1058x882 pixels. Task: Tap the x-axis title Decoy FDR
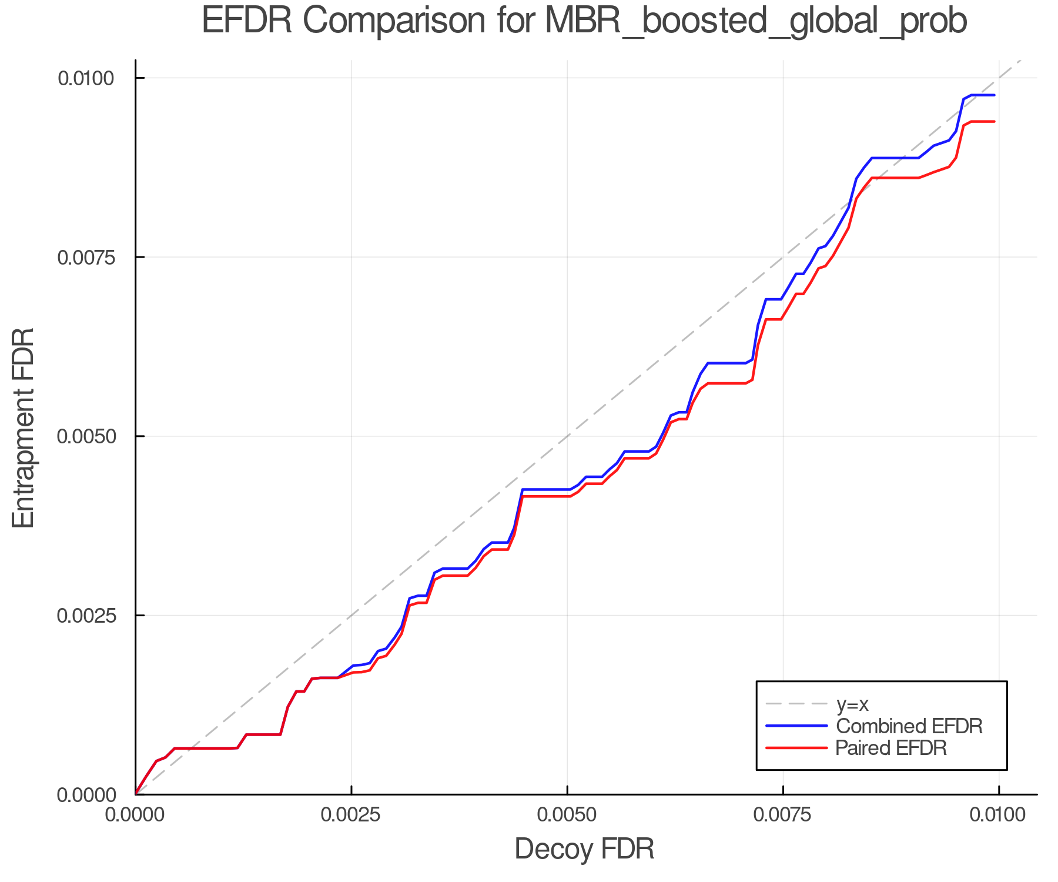click(x=584, y=849)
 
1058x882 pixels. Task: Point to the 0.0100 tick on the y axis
click(x=95, y=78)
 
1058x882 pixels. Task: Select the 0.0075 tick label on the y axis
click(x=95, y=257)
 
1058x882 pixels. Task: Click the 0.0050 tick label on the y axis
click(x=95, y=436)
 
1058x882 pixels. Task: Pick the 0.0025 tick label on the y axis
click(x=95, y=616)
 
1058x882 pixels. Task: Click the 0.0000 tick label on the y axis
click(x=95, y=795)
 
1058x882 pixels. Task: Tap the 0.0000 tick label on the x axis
click(x=136, y=815)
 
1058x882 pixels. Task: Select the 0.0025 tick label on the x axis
click(x=351, y=815)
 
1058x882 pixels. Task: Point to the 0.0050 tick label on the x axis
click(x=567, y=815)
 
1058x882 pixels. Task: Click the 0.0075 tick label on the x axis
click(x=783, y=815)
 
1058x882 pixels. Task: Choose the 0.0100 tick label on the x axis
click(x=999, y=815)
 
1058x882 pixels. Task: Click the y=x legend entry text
click(x=852, y=704)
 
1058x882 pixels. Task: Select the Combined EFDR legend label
click(x=909, y=726)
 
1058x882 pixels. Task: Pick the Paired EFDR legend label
click(x=891, y=748)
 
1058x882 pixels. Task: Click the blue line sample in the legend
click(x=796, y=726)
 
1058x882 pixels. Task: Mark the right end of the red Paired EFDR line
click(x=994, y=122)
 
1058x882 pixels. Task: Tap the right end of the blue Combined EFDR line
click(x=994, y=95)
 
